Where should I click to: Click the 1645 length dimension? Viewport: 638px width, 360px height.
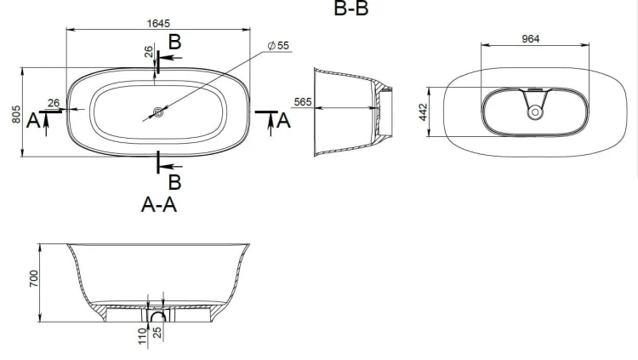coord(158,24)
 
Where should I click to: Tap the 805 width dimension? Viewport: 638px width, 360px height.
coord(16,114)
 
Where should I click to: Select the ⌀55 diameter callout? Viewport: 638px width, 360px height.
coord(278,46)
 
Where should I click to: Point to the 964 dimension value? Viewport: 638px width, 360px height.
coord(531,39)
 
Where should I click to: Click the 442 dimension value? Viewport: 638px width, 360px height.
coord(423,112)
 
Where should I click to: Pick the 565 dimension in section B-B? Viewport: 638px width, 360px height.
coord(303,102)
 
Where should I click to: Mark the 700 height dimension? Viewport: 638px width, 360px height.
coord(34,278)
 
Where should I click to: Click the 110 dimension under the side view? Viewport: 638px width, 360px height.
coord(142,336)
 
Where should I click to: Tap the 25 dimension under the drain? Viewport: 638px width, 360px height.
coord(157,332)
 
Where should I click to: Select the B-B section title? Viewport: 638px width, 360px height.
coord(351,9)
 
